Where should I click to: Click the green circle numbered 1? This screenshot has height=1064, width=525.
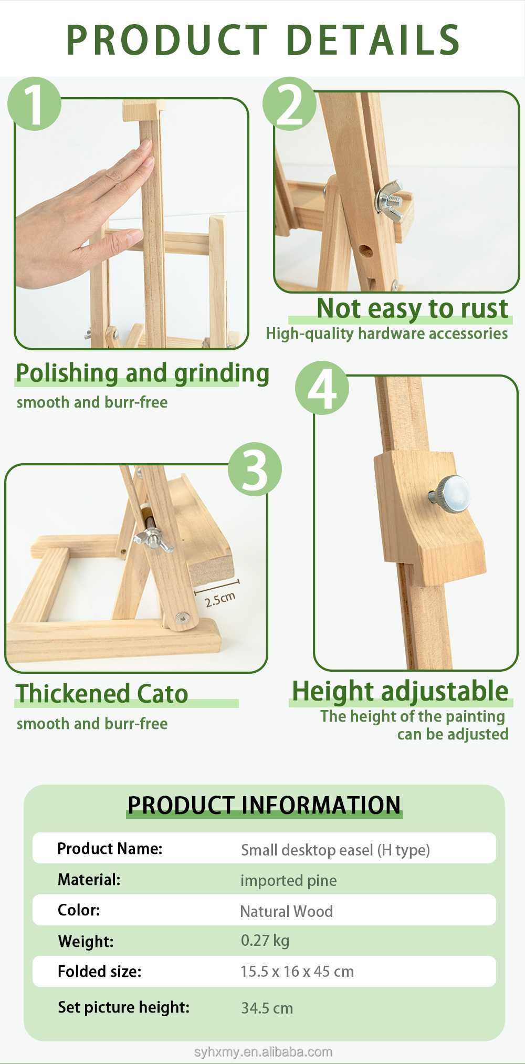(x=34, y=103)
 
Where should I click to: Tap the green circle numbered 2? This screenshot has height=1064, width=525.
(x=289, y=103)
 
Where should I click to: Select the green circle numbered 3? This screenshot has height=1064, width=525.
(x=255, y=469)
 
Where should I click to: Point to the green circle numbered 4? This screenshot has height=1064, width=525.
(x=322, y=388)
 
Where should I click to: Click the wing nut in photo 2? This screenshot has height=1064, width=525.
(x=390, y=198)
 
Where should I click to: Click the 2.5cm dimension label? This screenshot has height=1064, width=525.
(x=220, y=599)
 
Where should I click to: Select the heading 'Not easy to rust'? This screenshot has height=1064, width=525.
(x=413, y=309)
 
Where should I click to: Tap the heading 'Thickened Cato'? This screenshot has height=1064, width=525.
(x=102, y=693)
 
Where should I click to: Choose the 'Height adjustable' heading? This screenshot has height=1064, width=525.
(x=400, y=692)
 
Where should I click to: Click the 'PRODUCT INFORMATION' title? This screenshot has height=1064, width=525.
(x=264, y=805)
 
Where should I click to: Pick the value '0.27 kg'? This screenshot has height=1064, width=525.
(x=265, y=941)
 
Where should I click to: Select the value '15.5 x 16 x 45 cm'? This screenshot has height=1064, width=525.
(x=297, y=972)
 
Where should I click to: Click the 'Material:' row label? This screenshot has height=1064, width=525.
(x=89, y=880)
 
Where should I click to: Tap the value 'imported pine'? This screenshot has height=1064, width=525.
(x=289, y=881)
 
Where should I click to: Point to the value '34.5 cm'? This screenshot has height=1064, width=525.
(x=267, y=1008)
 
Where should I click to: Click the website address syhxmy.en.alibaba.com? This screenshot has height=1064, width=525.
(x=263, y=1052)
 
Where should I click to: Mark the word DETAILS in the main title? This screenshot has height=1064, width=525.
(x=374, y=40)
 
